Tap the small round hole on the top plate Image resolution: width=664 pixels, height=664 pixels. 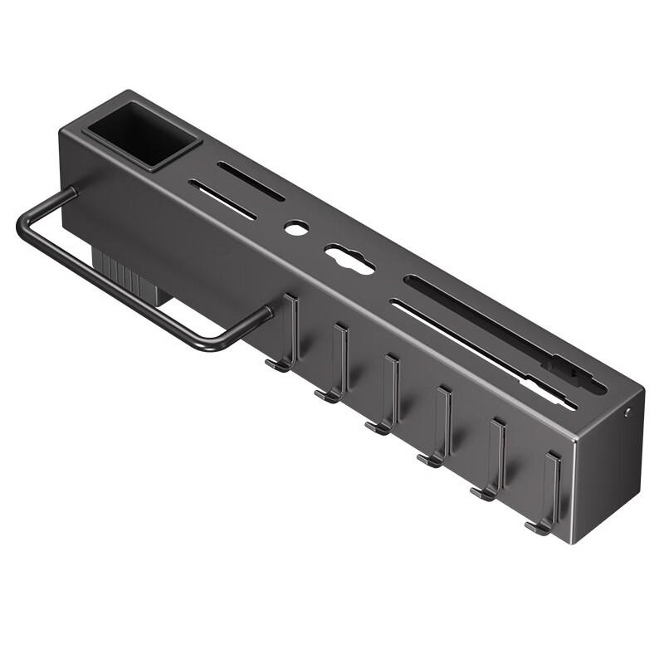[294, 227]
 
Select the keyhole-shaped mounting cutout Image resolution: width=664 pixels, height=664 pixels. [349, 260]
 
